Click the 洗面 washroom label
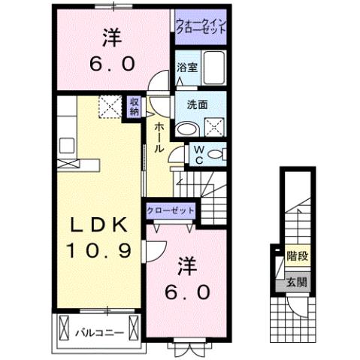tap(186, 105)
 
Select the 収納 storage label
tap(133, 107)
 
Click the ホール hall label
tap(159, 138)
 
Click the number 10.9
tap(95, 249)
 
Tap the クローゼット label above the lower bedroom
tap(171, 210)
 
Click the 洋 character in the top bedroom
tap(110, 36)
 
